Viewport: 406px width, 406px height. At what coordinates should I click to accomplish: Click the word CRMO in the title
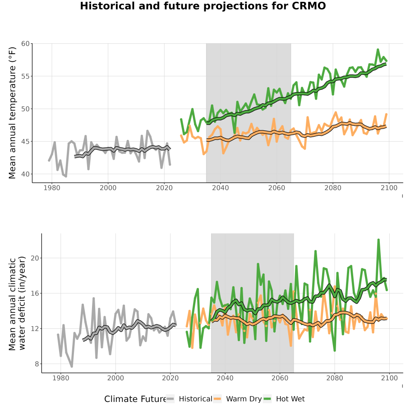point(309,6)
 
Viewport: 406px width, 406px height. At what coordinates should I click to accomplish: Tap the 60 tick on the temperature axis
point(25,43)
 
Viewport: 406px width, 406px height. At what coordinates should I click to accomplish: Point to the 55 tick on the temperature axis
point(25,76)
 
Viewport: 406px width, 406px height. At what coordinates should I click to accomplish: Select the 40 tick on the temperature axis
point(25,174)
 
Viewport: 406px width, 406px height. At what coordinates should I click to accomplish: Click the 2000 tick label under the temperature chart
point(108,188)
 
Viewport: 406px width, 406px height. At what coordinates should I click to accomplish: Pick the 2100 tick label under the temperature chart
point(389,188)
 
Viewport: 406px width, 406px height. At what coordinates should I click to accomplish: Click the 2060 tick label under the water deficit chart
point(280,378)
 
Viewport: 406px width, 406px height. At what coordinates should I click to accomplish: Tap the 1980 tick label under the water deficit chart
point(61,378)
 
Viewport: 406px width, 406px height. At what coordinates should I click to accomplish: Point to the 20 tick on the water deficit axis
point(35,258)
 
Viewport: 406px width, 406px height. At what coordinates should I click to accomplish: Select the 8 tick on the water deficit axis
point(37,364)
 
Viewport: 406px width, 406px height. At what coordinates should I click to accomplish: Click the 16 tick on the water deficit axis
point(35,293)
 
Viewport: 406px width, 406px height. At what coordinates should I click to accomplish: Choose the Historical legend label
point(195,399)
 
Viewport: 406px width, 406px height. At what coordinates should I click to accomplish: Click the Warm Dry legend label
point(244,399)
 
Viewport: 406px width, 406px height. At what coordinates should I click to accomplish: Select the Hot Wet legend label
point(290,399)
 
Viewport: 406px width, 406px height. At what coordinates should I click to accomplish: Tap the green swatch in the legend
point(267,399)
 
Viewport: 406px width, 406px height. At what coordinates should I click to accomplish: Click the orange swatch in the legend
point(217,399)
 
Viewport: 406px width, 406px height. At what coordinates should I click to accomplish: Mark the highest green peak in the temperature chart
point(378,49)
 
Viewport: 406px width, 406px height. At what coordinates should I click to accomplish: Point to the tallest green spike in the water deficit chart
point(378,240)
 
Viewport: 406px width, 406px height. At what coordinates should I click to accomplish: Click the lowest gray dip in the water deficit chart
point(72,366)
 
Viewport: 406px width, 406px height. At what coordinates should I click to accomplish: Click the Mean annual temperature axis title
point(12,113)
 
